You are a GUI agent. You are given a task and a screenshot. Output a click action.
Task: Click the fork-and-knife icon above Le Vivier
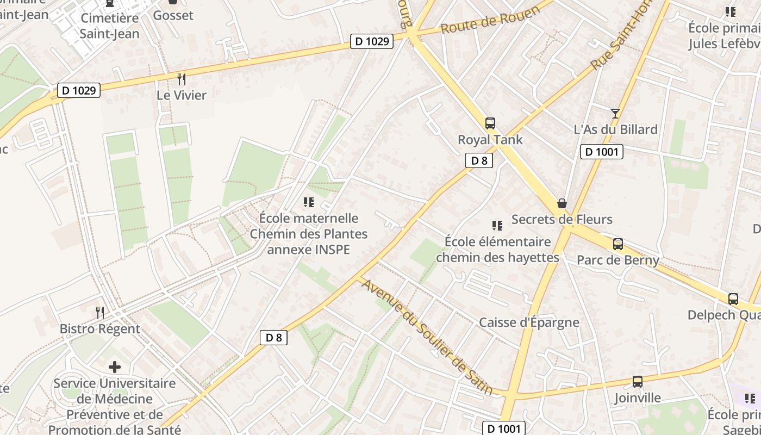click(x=182, y=79)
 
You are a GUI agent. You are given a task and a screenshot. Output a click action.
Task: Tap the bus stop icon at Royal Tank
click(x=490, y=123)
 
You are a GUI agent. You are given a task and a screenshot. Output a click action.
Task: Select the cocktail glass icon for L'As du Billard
click(x=615, y=113)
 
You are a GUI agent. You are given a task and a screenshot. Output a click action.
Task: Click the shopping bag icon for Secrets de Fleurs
click(x=562, y=203)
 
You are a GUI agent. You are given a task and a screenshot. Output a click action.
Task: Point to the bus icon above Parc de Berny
click(x=618, y=244)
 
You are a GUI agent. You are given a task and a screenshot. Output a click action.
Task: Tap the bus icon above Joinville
click(x=638, y=382)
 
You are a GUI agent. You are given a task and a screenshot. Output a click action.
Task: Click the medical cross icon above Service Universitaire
click(x=115, y=366)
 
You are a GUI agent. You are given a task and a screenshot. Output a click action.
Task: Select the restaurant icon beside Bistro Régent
click(x=100, y=312)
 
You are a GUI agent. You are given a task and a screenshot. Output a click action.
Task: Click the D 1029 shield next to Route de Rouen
click(x=371, y=41)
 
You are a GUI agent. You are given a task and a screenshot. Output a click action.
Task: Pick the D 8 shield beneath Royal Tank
click(x=479, y=160)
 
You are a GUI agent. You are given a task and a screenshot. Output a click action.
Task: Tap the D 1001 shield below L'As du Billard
click(x=601, y=152)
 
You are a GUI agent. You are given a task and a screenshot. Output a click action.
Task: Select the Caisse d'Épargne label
click(x=529, y=322)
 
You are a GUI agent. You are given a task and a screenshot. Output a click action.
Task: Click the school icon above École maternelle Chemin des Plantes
click(x=309, y=202)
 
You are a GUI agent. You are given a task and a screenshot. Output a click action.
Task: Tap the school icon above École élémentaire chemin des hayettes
click(x=497, y=225)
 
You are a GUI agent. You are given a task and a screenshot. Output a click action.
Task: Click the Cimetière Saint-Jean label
click(x=110, y=26)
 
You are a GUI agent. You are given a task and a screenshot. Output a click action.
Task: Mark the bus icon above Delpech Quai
click(x=733, y=299)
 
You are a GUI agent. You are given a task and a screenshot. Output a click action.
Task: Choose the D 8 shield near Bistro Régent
click(x=273, y=338)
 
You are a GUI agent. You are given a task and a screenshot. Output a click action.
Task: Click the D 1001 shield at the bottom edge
click(x=504, y=428)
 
